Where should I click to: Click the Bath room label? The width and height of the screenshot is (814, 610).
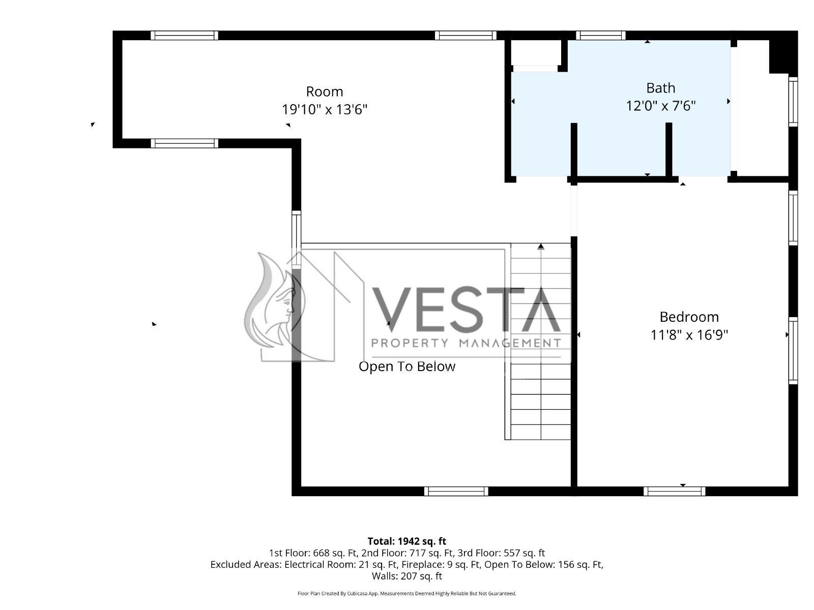pos(660,88)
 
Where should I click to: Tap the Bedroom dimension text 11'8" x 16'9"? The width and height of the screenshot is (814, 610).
pos(689,335)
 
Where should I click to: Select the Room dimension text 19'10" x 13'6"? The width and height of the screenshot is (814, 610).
pos(325,109)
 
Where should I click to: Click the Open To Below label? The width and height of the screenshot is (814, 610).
pos(407,367)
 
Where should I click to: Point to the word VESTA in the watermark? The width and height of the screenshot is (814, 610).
pos(466,310)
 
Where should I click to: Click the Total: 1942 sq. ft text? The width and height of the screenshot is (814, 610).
pos(407,541)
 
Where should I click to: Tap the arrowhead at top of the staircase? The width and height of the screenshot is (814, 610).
pos(541,247)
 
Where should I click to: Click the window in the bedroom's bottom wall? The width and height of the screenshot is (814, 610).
pos(674,491)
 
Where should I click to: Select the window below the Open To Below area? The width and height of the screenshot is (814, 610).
pos(456,491)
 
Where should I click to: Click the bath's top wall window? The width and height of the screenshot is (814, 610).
pos(600,35)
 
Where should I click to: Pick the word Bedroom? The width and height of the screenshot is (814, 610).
pos(689,317)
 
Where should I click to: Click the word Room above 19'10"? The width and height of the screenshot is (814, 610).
pos(325,91)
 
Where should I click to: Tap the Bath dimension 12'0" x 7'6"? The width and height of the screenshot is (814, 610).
pos(660,106)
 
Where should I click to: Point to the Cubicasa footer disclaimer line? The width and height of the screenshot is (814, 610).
pos(407,593)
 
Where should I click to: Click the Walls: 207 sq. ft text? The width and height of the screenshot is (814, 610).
pos(407,576)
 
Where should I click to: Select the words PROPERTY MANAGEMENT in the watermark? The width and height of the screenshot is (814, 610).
pos(466,343)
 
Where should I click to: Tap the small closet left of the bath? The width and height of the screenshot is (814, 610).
pos(536,52)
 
